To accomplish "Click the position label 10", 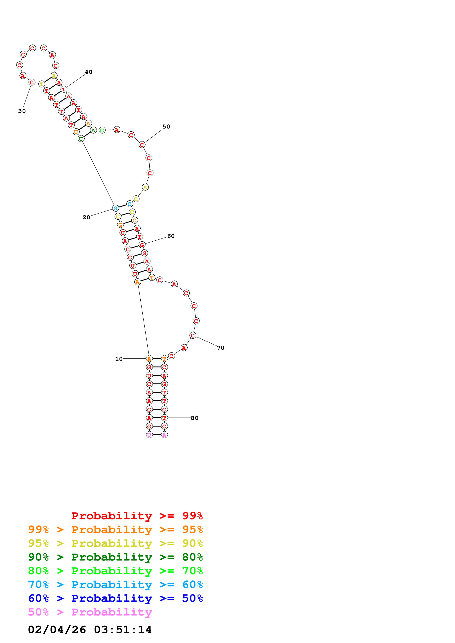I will tap(119, 359).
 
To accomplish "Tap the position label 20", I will tap(86, 217).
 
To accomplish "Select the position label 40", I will tap(89, 72).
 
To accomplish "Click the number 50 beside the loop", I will tap(166, 127).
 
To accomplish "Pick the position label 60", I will tap(171, 236).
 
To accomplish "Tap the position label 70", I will tap(221, 348).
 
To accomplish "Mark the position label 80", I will tap(195, 418).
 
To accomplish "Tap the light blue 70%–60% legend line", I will tap(115, 585).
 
